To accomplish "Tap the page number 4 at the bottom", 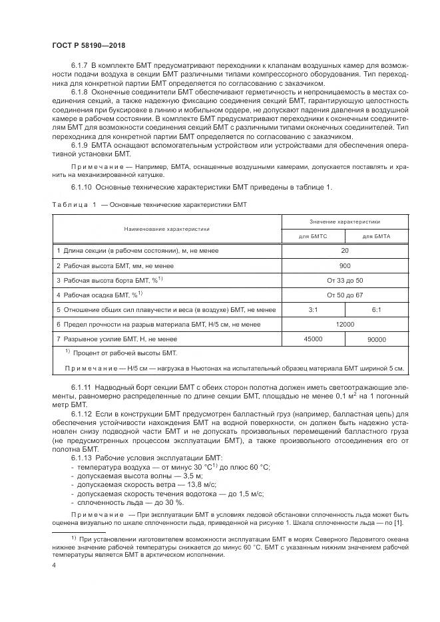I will pyautogui.click(x=55, y=564).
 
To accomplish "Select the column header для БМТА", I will pyautogui.click(x=376, y=236).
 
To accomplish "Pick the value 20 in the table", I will pyautogui.click(x=344, y=251).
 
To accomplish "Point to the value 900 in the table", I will pyautogui.click(x=344, y=265).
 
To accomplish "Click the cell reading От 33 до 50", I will pyautogui.click(x=344, y=280).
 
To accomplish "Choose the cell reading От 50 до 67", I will pyautogui.click(x=344, y=295).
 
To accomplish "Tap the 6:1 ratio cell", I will pyautogui.click(x=376, y=309).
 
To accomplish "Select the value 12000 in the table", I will pyautogui.click(x=344, y=324).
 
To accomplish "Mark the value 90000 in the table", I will pyautogui.click(x=376, y=339).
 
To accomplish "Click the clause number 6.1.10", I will pyautogui.click(x=81, y=187).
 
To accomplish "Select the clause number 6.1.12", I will pyautogui.click(x=81, y=414).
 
